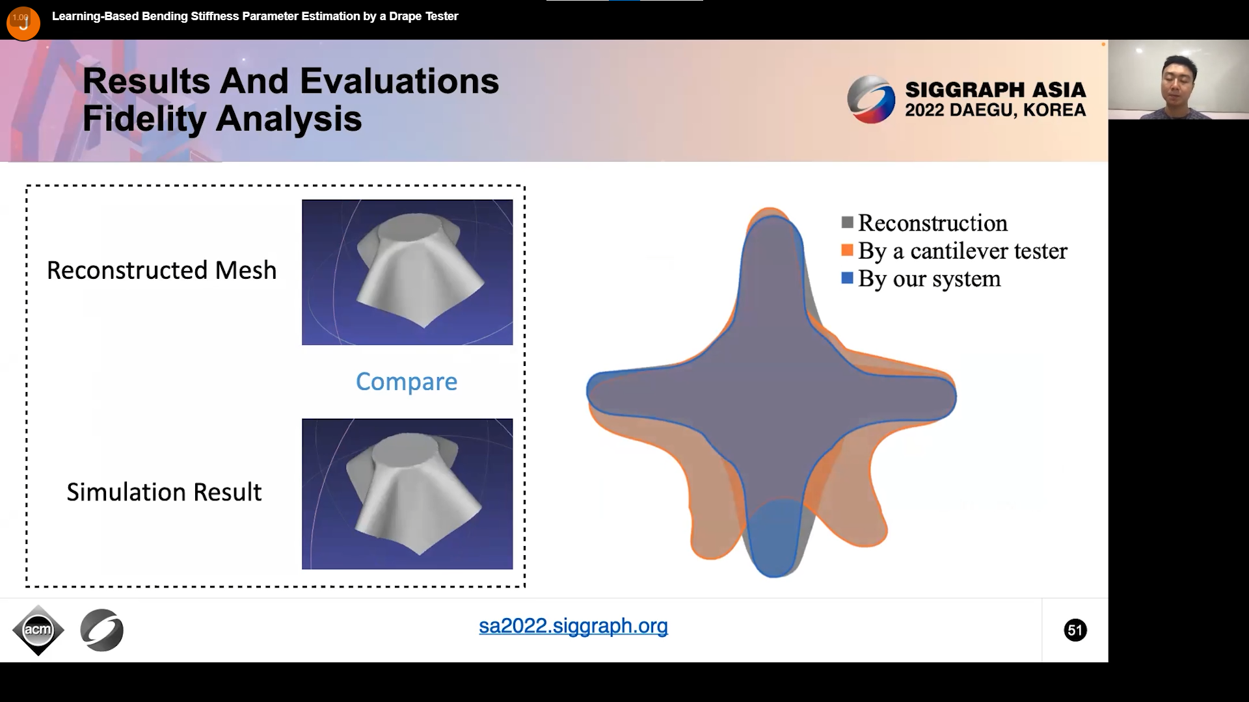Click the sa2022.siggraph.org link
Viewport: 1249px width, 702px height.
tap(573, 626)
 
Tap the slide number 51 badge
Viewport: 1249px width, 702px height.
tap(1075, 630)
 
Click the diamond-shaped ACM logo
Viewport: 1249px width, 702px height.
tap(38, 630)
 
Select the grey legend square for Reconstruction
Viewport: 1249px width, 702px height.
tap(847, 222)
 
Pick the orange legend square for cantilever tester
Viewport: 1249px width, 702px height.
tap(847, 250)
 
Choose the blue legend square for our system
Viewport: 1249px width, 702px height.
tap(847, 278)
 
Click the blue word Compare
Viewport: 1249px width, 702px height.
tap(407, 382)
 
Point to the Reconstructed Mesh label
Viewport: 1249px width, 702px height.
tap(162, 270)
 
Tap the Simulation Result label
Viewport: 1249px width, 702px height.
tap(164, 492)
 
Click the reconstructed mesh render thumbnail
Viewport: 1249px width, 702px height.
tap(407, 272)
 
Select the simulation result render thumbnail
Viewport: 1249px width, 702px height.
tap(407, 494)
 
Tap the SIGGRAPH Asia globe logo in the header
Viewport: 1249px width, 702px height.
tap(872, 99)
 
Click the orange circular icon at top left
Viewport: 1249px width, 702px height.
tap(23, 23)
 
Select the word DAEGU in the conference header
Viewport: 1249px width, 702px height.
tap(982, 110)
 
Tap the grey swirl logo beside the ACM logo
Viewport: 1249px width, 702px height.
tap(102, 630)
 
